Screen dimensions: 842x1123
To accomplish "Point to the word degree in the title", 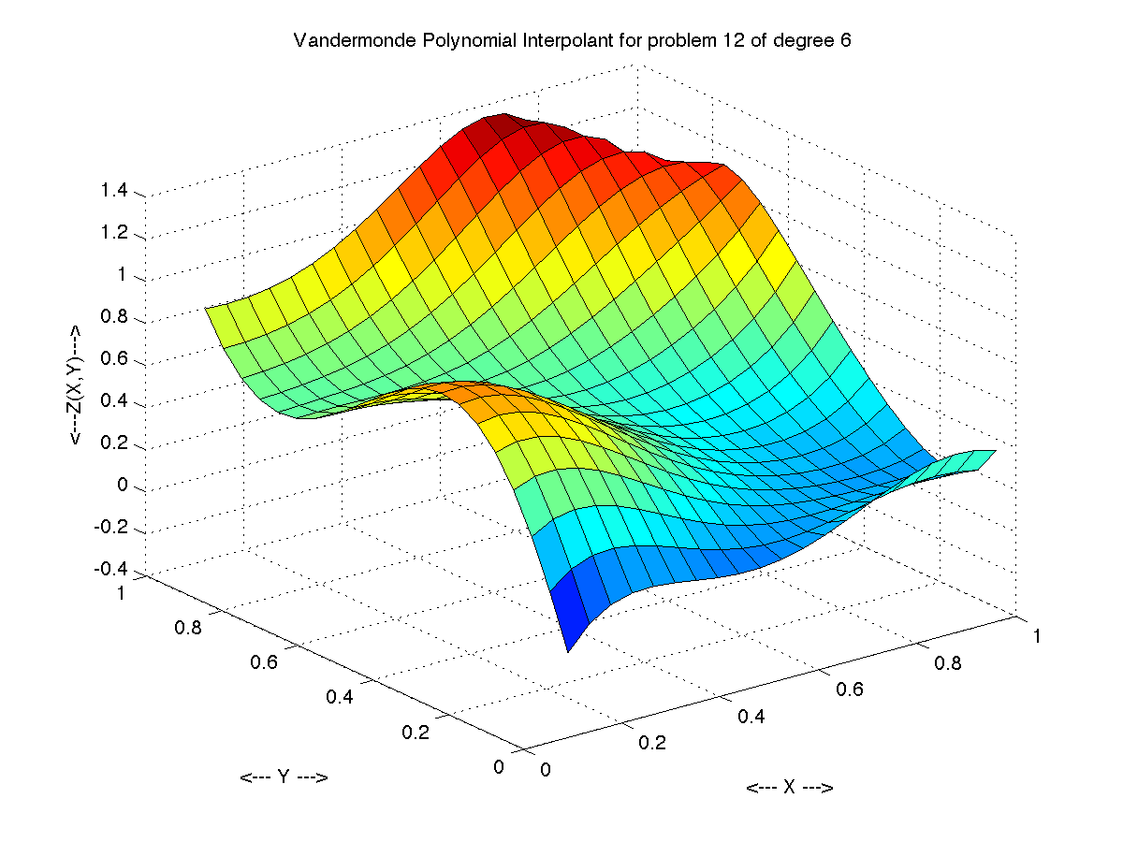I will tap(798, 41).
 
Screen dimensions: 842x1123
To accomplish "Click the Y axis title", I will tap(284, 777).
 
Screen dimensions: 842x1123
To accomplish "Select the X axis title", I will tap(789, 788).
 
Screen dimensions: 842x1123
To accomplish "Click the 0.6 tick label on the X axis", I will tap(848, 690).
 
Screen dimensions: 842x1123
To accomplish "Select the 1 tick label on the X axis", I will tap(1037, 636).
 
